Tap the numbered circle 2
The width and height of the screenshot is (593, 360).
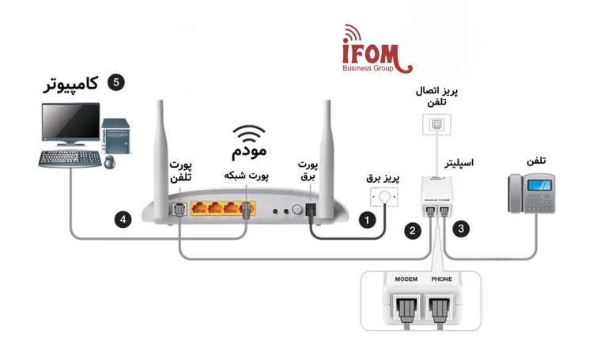click(x=412, y=231)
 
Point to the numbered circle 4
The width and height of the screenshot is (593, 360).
click(x=123, y=220)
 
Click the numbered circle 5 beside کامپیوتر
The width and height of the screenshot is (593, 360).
click(x=115, y=82)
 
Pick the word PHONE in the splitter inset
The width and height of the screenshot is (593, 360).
click(x=443, y=279)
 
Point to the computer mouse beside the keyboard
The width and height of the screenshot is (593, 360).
click(x=108, y=163)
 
